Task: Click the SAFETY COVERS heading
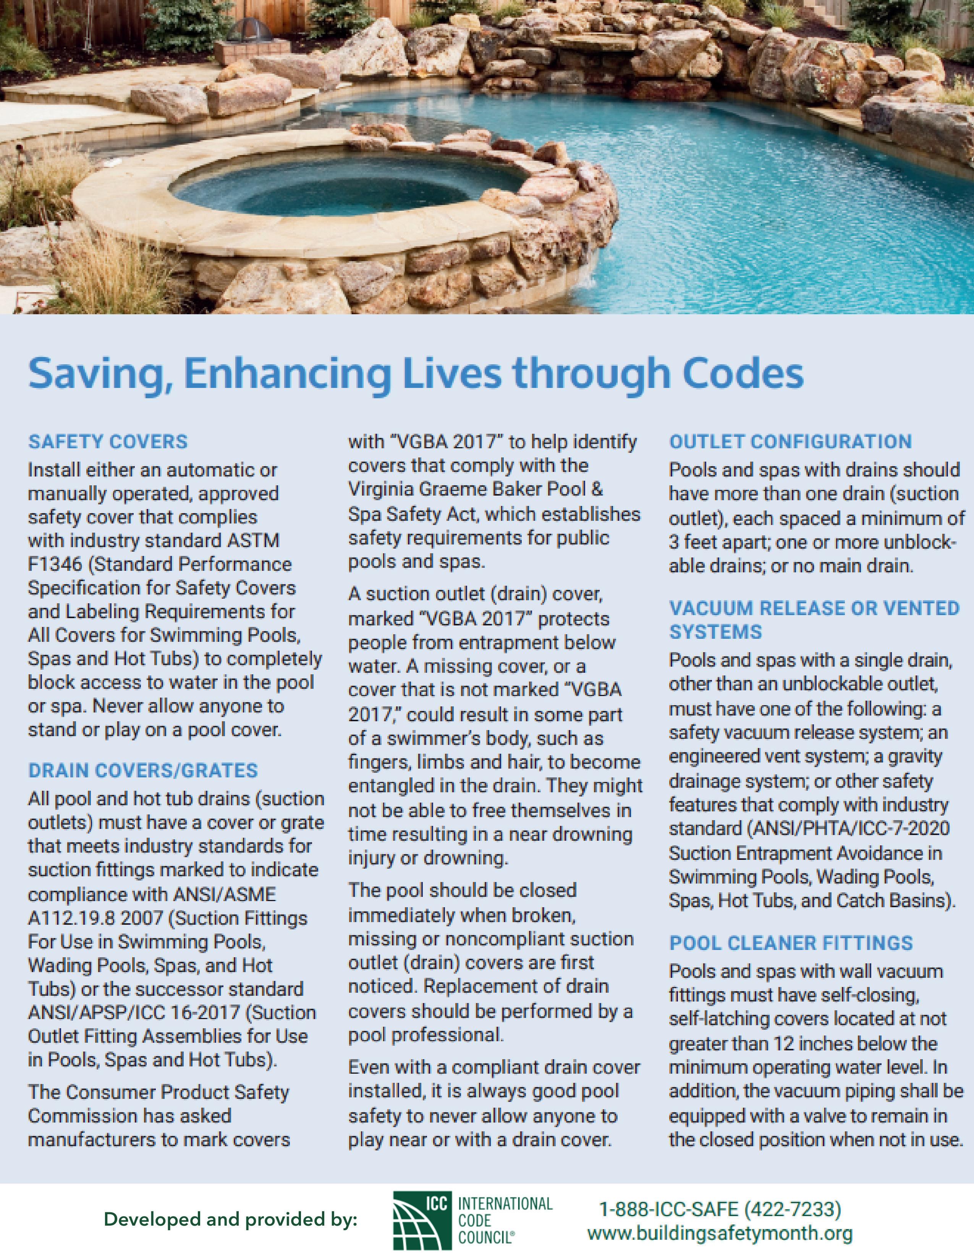(x=108, y=442)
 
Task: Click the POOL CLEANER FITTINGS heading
(x=791, y=943)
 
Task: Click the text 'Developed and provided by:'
(x=231, y=1220)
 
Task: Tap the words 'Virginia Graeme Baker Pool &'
(x=476, y=489)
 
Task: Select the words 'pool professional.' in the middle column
(x=426, y=1035)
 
